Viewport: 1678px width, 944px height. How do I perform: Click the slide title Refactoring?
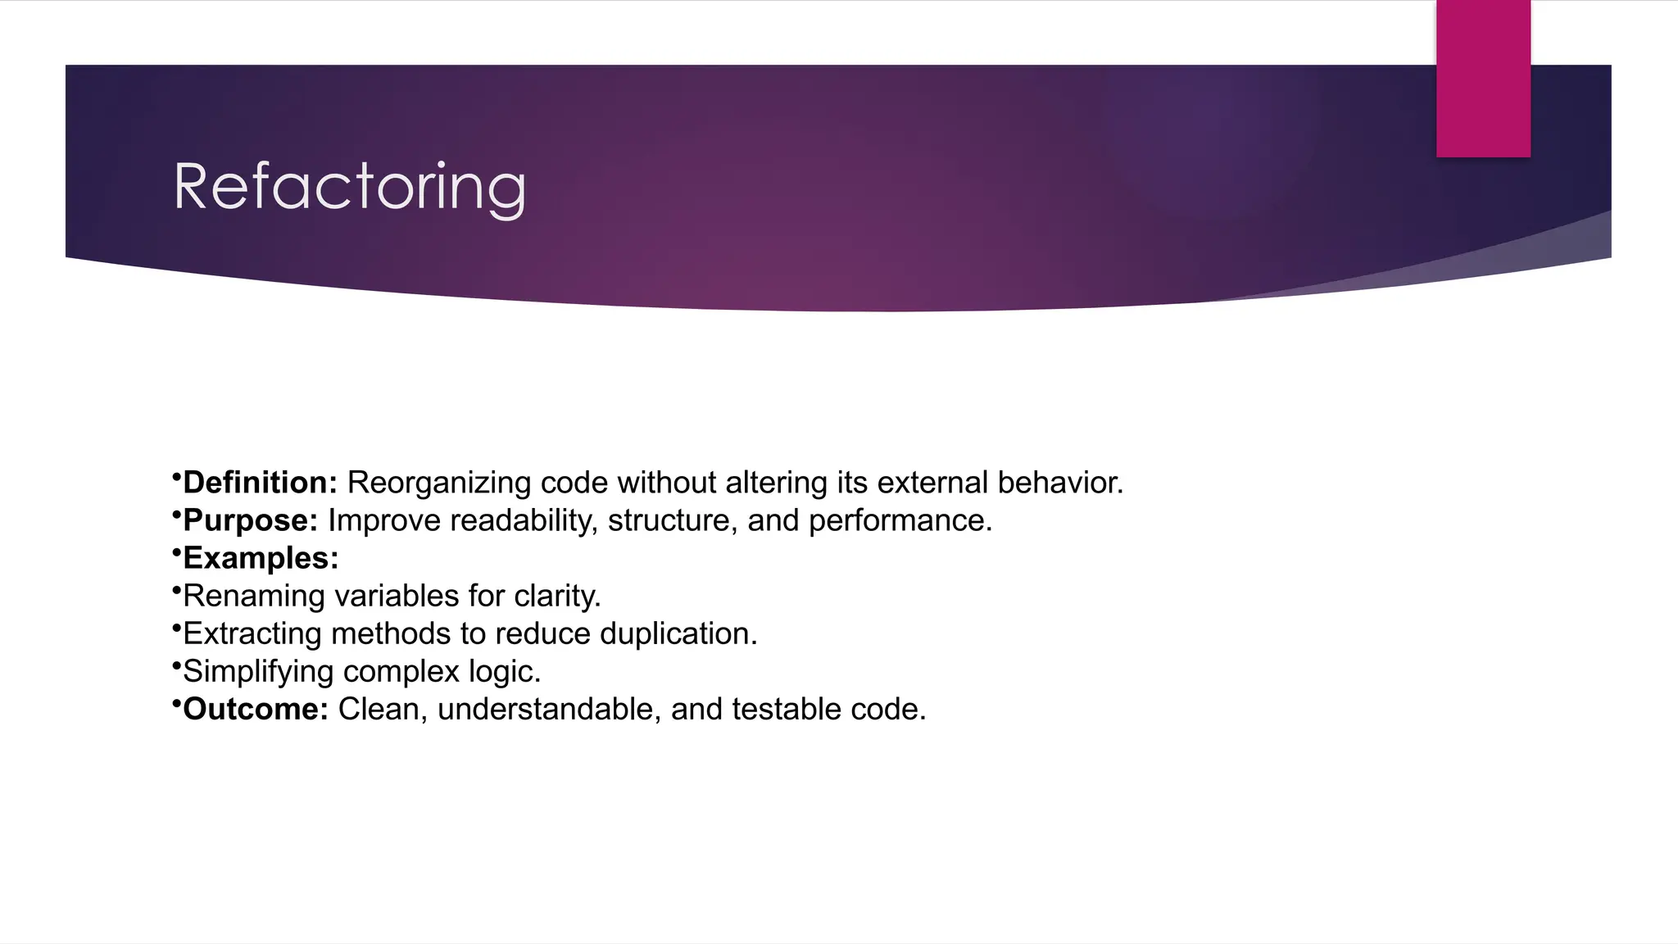coord(350,188)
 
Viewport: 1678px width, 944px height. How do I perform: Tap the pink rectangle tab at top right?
coord(1483,79)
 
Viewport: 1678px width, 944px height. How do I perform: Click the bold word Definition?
coord(260,483)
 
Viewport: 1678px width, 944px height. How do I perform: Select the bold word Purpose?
coord(250,520)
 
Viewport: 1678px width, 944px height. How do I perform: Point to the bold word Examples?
coord(261,558)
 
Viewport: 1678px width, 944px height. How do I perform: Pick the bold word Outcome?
coord(255,709)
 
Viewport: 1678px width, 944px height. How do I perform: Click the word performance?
coord(900,520)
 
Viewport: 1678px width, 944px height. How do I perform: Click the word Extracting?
coord(252,633)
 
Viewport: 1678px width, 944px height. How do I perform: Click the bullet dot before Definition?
coord(176,476)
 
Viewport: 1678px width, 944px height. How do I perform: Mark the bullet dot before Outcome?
coord(176,702)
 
